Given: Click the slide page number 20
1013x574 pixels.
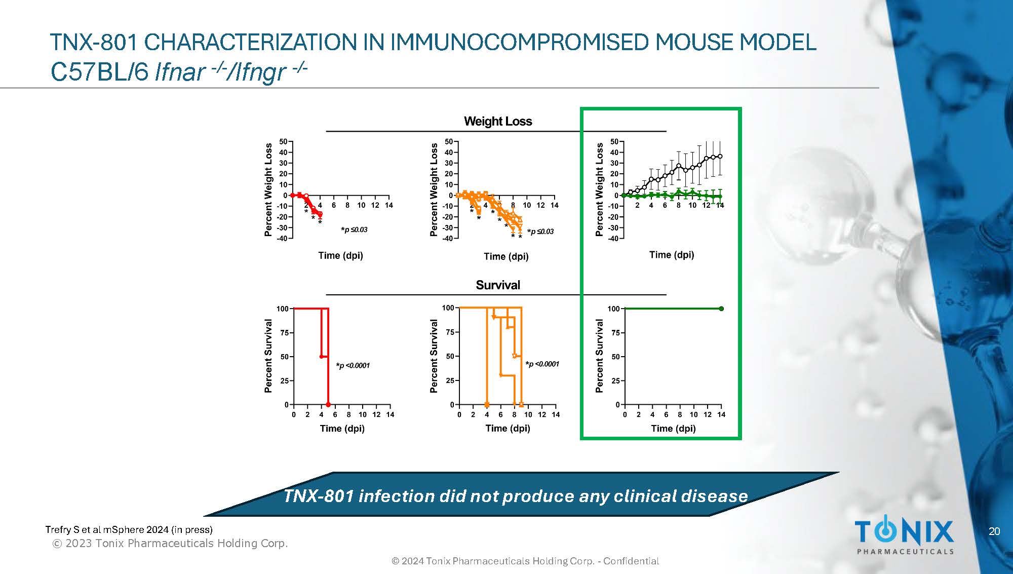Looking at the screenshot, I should [994, 531].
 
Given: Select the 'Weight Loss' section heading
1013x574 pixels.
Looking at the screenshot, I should [498, 122].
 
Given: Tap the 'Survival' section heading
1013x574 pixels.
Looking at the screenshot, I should [498, 285].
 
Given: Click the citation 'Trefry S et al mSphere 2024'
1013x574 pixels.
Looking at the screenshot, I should [129, 529].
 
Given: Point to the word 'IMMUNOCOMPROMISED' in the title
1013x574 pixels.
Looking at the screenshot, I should [519, 42].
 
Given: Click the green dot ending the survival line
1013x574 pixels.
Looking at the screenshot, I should [721, 309].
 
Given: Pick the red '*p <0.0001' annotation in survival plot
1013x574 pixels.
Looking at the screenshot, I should [353, 366].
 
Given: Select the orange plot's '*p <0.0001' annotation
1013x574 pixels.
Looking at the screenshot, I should [542, 364].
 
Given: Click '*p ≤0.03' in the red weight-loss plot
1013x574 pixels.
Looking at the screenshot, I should [354, 230].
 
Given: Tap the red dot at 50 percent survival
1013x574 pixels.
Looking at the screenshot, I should [322, 357].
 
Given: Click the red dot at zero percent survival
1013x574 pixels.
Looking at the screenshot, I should [328, 404].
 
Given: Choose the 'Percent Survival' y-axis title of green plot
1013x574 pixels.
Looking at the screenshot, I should [600, 356].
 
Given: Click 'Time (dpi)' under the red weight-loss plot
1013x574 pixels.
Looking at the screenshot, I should [340, 255].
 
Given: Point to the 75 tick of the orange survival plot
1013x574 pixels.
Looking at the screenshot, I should [450, 332].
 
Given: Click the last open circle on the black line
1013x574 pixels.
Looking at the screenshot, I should [720, 157].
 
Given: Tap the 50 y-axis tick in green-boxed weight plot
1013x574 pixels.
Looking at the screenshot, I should [614, 142].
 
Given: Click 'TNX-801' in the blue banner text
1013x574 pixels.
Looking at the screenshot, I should [318, 496].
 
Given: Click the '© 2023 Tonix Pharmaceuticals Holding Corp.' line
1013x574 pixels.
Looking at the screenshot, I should [170, 544].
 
